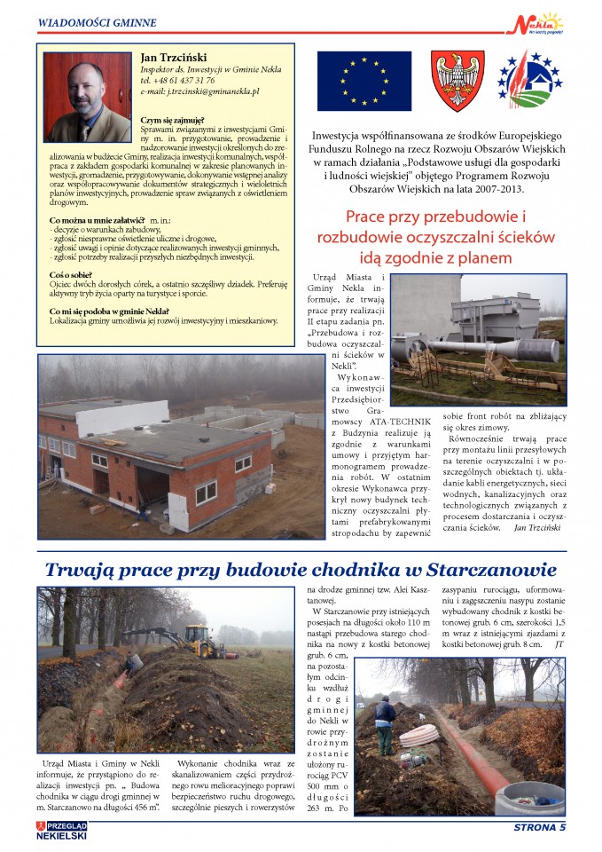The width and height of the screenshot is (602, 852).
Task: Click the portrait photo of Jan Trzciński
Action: (87, 97)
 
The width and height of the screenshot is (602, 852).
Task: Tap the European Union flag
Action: (364, 81)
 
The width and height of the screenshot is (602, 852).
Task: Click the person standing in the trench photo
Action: (384, 723)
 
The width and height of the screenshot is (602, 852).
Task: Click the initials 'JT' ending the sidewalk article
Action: (559, 644)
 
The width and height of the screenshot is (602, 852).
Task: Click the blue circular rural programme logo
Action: (529, 81)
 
